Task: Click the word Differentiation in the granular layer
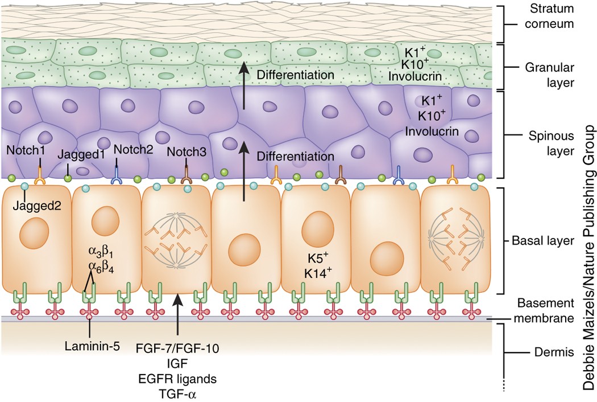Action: click(295, 75)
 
